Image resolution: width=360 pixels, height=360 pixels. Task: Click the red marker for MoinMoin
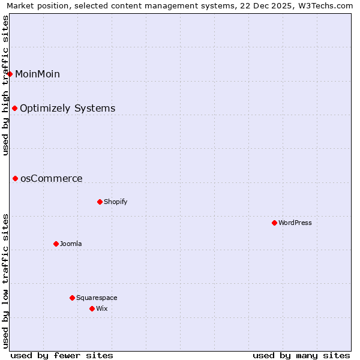pos(10,74)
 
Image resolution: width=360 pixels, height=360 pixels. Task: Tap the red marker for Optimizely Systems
pos(15,108)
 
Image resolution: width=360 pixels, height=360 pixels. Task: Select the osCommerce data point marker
pos(16,178)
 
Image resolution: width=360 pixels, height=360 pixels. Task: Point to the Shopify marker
pos(100,202)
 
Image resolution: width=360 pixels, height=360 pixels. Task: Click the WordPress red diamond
pos(274,223)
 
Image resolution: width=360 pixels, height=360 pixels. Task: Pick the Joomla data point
pos(56,244)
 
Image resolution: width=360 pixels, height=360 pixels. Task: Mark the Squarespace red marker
pos(72,298)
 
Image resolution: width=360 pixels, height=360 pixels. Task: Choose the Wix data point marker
pos(92,308)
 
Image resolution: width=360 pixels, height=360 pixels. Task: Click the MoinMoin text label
pos(37,74)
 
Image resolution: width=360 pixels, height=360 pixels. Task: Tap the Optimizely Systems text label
pos(67,108)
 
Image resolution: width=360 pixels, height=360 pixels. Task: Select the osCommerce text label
pos(51,178)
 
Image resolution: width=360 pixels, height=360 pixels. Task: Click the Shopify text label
pos(115,202)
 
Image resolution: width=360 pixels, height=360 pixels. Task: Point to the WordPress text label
pos(295,223)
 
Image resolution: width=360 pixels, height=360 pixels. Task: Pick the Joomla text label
pos(71,244)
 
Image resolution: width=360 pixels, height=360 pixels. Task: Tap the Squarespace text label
pos(97,298)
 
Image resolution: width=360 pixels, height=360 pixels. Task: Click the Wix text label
pos(101,308)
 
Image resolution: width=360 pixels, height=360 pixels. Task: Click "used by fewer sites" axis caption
pos(62,355)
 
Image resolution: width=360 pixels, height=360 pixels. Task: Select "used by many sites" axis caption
pos(301,355)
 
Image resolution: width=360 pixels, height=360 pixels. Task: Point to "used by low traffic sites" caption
pos(5,281)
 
